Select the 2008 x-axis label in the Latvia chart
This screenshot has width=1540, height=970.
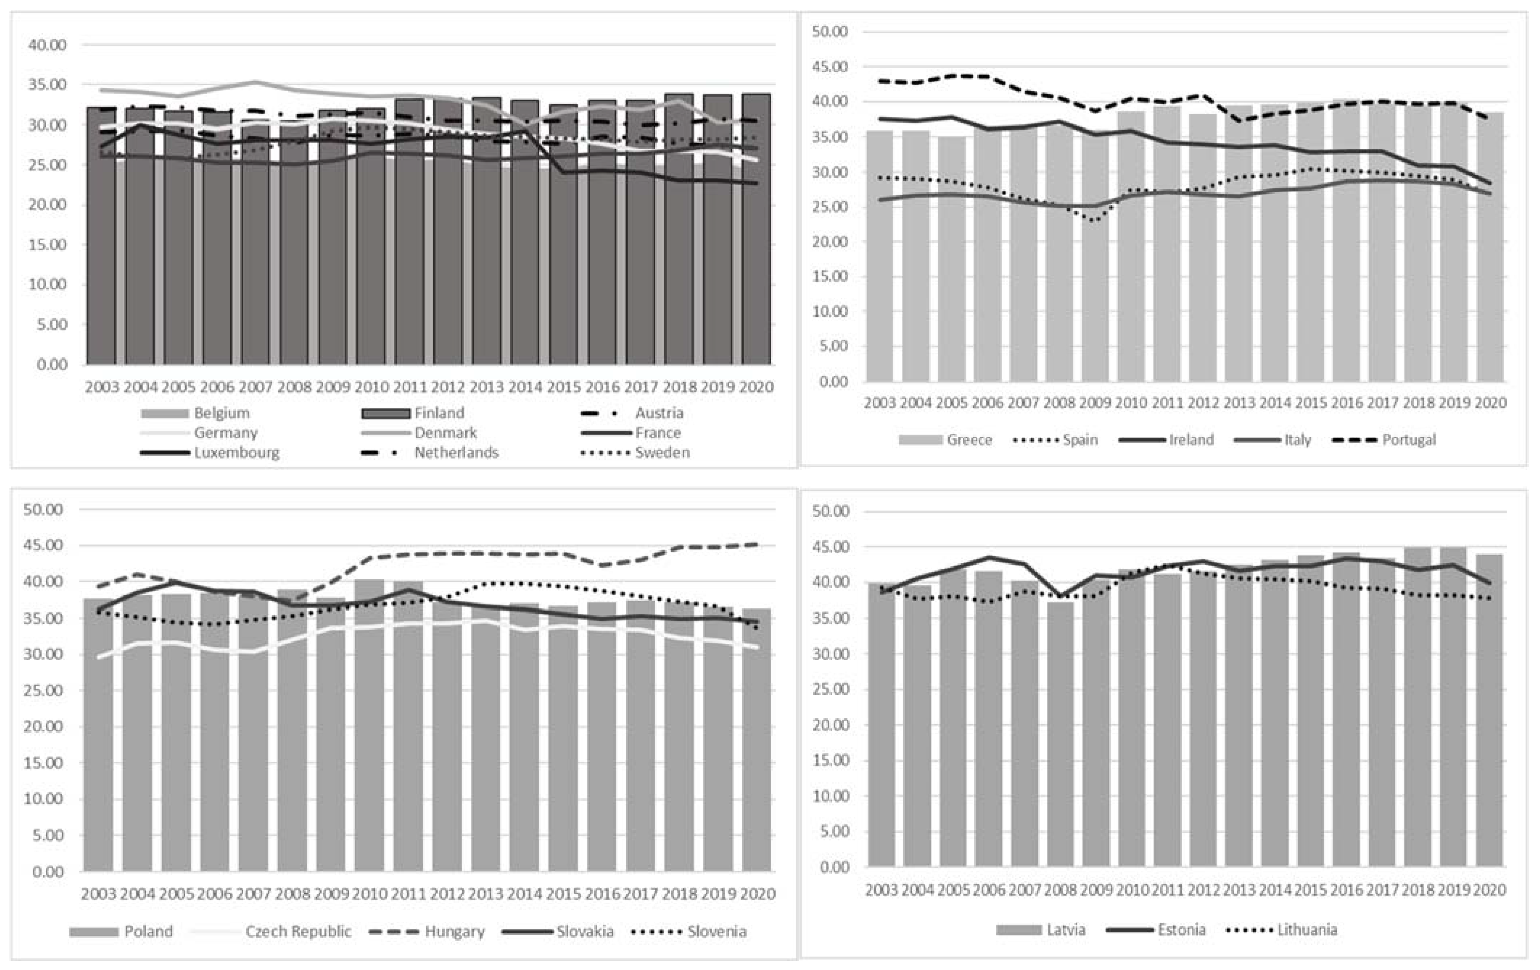[x=1060, y=890]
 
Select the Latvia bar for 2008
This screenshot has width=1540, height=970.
[x=1060, y=736]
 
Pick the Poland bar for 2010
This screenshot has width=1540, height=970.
[x=369, y=723]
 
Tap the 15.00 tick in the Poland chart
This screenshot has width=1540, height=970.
[x=44, y=763]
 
